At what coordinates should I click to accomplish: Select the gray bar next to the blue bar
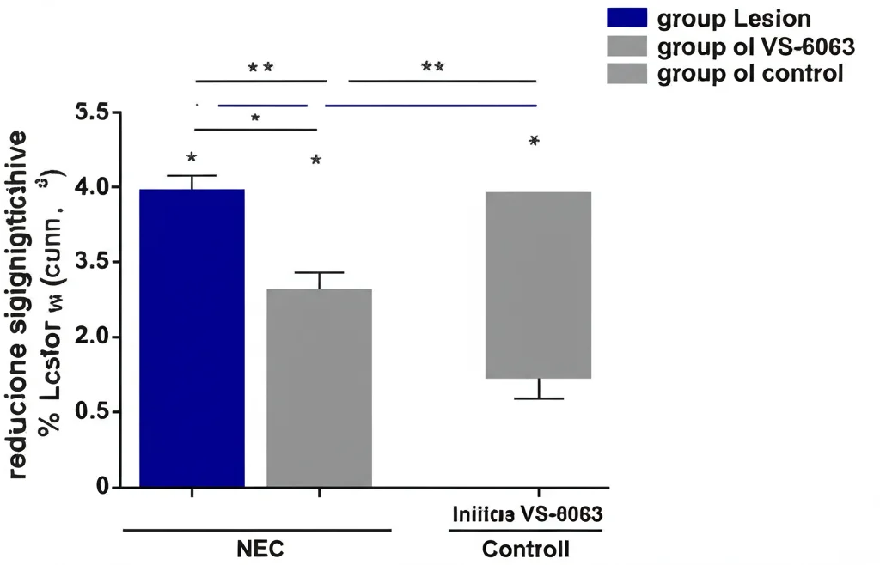(319, 387)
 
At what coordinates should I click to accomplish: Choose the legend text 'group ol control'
(749, 73)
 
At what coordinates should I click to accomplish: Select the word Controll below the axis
(525, 549)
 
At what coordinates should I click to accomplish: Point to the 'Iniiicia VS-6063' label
(526, 516)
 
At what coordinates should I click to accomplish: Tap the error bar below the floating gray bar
(539, 390)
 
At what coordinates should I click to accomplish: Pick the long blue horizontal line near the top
(430, 106)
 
